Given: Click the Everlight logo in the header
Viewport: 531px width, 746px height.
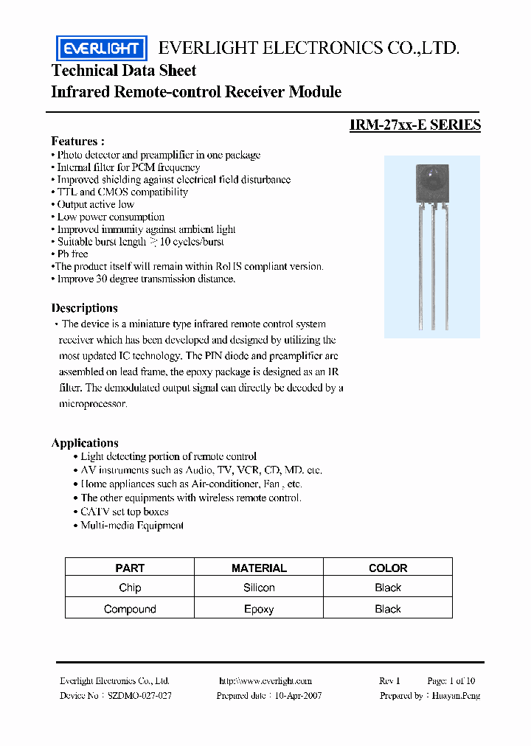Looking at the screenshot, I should pos(102,49).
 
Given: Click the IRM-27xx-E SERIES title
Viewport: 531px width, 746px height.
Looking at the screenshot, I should pos(415,125).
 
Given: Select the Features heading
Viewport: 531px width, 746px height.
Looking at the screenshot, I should pos(77,141).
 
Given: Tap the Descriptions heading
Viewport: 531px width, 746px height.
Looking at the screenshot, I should pos(84,308).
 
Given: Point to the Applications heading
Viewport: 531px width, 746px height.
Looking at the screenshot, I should pos(85,443).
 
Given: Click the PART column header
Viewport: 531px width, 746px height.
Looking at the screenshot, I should pos(130,568).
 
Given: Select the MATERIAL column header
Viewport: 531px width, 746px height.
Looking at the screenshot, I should pos(259,568).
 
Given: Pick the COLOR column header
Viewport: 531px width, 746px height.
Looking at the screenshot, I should pos(388,568).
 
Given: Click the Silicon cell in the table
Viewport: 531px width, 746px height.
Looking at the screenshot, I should pos(259,588).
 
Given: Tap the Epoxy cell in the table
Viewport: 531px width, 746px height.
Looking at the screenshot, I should pos(259,609).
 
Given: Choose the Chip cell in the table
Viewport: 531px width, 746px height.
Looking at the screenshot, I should pos(130,588).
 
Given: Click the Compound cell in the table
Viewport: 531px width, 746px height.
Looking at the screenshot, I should pos(130,609).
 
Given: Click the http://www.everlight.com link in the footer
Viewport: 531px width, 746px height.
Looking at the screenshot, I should pos(265,681).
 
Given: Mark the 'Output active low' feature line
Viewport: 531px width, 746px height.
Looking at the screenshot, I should pos(95,204).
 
